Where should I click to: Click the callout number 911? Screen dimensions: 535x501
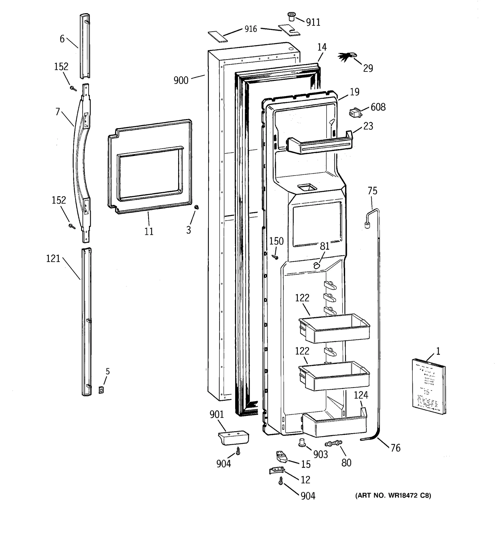[313, 22]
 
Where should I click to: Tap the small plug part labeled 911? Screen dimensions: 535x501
[292, 16]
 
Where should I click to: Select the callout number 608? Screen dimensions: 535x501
[378, 107]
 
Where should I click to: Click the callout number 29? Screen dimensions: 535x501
[368, 68]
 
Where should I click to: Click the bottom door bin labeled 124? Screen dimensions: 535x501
[334, 425]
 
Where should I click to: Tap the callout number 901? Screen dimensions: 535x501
[217, 414]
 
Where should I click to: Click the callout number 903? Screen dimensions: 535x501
[320, 454]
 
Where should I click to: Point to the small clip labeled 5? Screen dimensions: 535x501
[101, 390]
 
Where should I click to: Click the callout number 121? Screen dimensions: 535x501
[53, 259]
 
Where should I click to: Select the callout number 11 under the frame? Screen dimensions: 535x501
[149, 231]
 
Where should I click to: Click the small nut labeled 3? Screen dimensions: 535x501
[197, 207]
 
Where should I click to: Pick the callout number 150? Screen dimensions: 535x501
[276, 241]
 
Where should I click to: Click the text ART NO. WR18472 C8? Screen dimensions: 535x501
[393, 496]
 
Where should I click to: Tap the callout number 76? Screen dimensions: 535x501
[395, 448]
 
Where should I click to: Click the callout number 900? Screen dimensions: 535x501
[181, 80]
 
